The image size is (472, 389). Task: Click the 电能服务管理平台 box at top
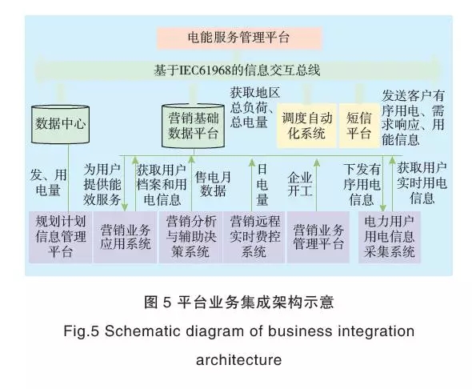pos(239,38)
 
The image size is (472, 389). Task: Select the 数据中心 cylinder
pos(60,124)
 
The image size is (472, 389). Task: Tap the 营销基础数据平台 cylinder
pos(193,126)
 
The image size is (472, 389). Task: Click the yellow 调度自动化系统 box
pos(306,126)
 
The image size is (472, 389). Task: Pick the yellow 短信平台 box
pos(359,126)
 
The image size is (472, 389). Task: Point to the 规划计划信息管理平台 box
pos(60,237)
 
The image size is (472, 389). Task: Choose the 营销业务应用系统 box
pos(125,237)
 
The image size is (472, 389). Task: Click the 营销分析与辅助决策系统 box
pos(190,237)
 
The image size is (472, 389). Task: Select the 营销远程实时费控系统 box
pos(254,237)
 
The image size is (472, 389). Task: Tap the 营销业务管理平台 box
pos(318,237)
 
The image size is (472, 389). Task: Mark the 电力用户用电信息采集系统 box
pos(390,237)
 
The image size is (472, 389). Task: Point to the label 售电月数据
pos(213,183)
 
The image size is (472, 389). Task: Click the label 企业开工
pos(299,184)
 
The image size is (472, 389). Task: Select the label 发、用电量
pos(48,182)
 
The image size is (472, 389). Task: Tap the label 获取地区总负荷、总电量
pos(254,107)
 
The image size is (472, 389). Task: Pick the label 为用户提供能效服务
pos(102,184)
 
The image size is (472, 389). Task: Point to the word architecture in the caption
pos(239,360)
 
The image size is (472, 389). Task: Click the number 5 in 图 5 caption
pos(167,303)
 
